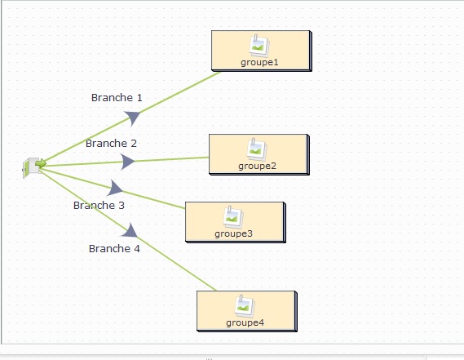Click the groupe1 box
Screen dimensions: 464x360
tap(262, 51)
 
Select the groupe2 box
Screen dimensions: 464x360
tap(259, 154)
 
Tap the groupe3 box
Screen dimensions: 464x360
tap(236, 223)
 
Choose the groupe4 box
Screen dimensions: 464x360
tap(247, 311)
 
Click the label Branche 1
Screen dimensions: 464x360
tap(117, 97)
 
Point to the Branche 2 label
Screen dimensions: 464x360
tap(111, 144)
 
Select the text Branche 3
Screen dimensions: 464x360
tap(99, 206)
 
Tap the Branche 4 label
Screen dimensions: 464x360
tap(114, 248)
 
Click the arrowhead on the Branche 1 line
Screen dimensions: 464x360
tap(133, 118)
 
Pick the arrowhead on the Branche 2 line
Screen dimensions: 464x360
tap(127, 162)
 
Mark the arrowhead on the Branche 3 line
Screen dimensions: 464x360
tap(115, 188)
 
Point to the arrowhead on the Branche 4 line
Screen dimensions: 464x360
tap(130, 230)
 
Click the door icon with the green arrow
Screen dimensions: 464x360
tap(34, 167)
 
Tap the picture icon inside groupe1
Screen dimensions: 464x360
tap(259, 46)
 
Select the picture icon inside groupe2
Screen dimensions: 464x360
tap(257, 149)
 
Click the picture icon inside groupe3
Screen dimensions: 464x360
tap(233, 217)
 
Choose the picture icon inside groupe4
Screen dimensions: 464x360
tap(245, 306)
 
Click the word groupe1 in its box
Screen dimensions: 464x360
tap(259, 63)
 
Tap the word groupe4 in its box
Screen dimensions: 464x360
tap(245, 323)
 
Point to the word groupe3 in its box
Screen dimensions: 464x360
tap(233, 234)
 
